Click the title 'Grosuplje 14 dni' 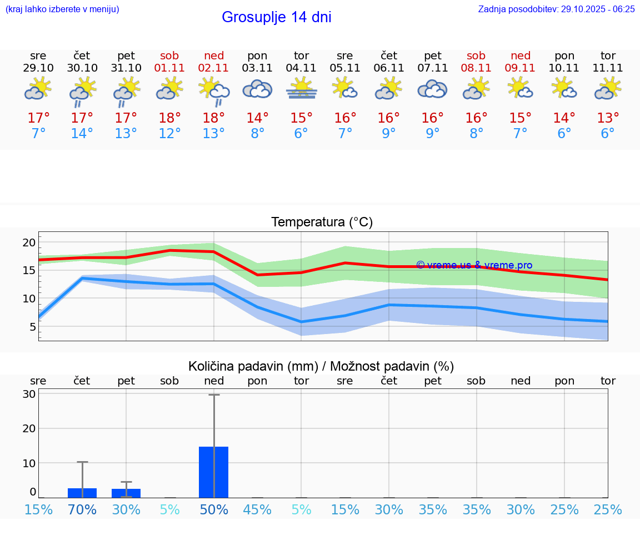pyautogui.click(x=276, y=17)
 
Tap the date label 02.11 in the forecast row pyautogui.click(x=214, y=68)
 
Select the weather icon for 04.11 pyautogui.click(x=301, y=89)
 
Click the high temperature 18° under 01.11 pyautogui.click(x=170, y=118)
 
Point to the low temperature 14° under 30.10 pyautogui.click(x=82, y=134)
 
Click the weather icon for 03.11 pyautogui.click(x=257, y=89)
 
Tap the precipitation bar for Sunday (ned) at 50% pyautogui.click(x=214, y=472)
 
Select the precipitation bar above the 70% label pyautogui.click(x=82, y=493)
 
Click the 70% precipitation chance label pyautogui.click(x=82, y=509)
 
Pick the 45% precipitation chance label pyautogui.click(x=257, y=509)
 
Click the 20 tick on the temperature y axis pyautogui.click(x=29, y=242)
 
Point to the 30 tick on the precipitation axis pyautogui.click(x=29, y=394)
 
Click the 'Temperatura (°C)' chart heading pyautogui.click(x=322, y=222)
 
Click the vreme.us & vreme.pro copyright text pyautogui.click(x=474, y=265)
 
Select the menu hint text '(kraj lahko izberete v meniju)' pyautogui.click(x=62, y=9)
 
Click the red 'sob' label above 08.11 pyautogui.click(x=476, y=55)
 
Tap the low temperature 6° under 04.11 pyautogui.click(x=301, y=134)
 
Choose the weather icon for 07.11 pyautogui.click(x=432, y=89)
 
